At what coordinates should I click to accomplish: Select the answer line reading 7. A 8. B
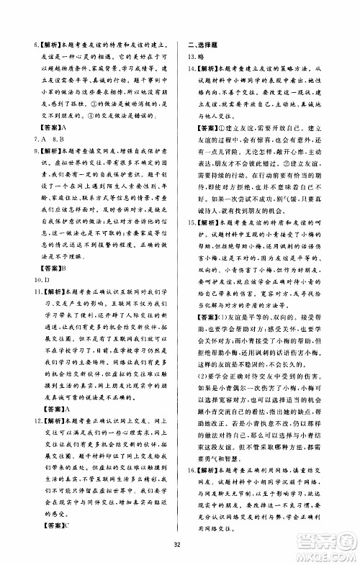[x=44, y=140]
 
